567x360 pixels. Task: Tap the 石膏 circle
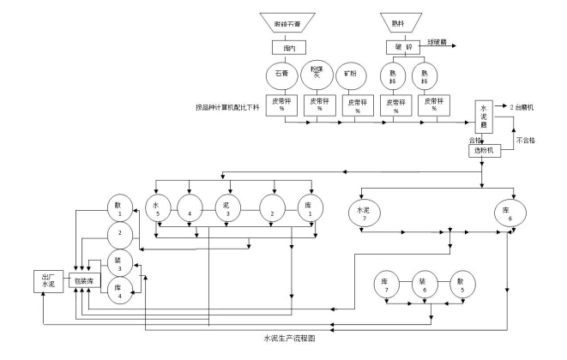(282, 75)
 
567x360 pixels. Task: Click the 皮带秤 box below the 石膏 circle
(282, 104)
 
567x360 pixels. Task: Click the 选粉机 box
(483, 151)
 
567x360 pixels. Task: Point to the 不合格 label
(528, 137)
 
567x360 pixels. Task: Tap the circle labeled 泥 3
(229, 209)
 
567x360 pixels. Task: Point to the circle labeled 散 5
(461, 285)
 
